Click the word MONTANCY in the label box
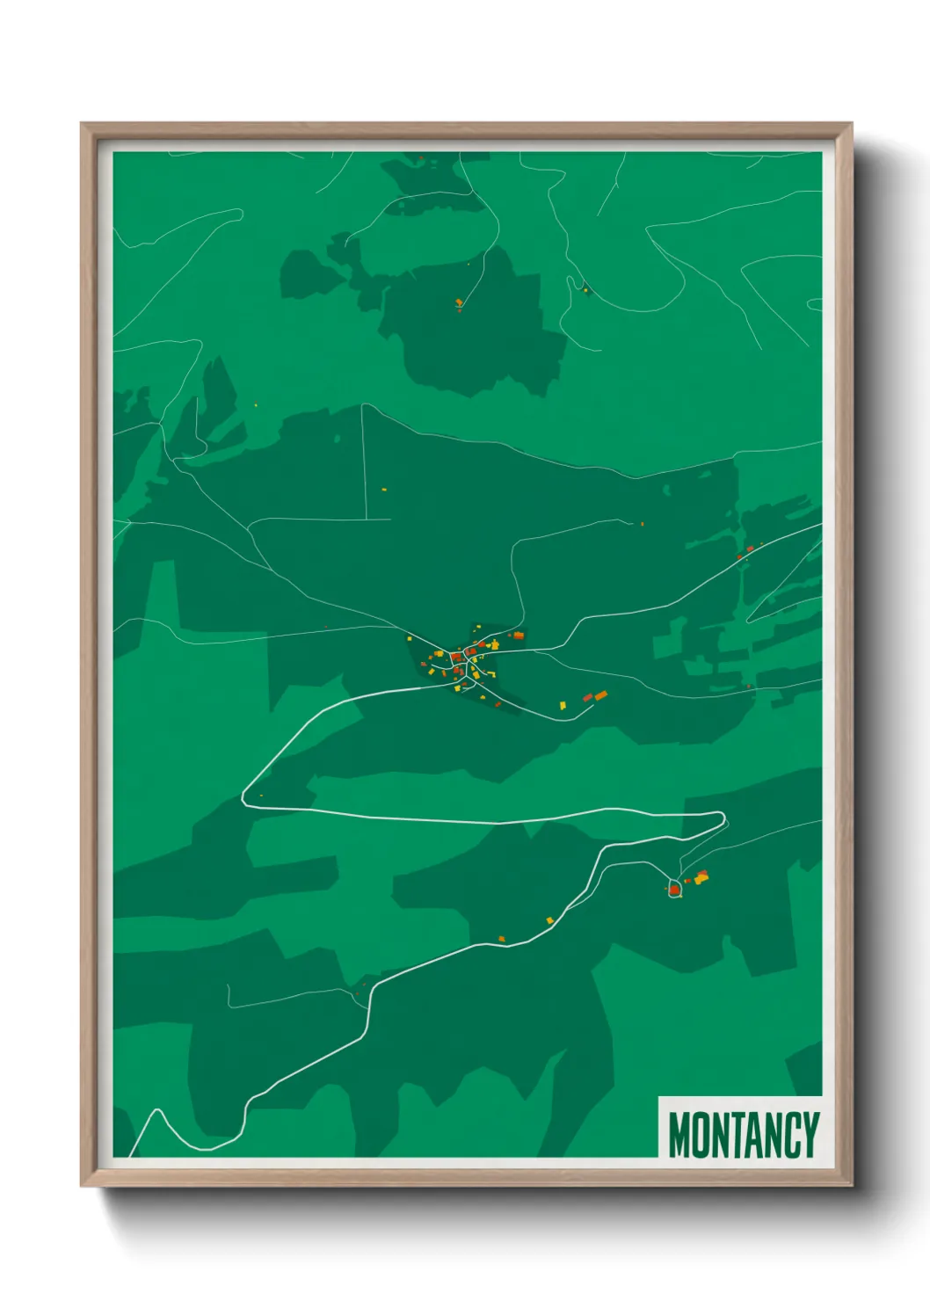click(743, 1135)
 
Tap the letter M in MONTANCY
click(679, 1135)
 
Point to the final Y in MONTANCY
click(810, 1135)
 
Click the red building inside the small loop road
click(674, 890)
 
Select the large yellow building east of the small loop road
click(701, 876)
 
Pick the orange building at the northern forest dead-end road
click(459, 302)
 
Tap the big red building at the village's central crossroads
click(456, 656)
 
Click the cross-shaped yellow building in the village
click(494, 645)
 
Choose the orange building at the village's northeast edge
click(519, 636)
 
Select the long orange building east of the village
click(601, 695)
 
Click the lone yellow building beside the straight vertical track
click(384, 489)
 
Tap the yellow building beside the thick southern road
click(550, 920)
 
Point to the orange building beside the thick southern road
click(502, 939)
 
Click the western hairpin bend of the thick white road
click(245, 798)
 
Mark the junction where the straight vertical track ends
click(366, 520)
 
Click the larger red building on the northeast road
click(750, 549)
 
